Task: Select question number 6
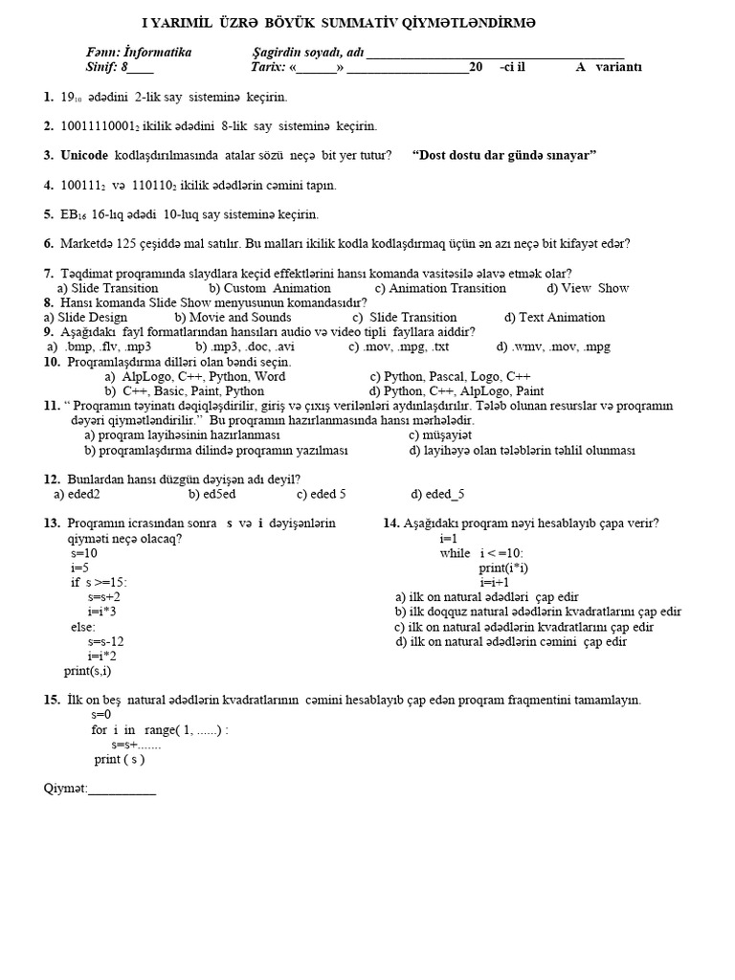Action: (48, 244)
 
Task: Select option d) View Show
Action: (588, 288)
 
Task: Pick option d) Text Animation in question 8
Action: (555, 318)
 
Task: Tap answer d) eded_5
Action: (438, 494)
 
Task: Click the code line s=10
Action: (83, 553)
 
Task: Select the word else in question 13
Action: (82, 627)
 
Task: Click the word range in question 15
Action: (162, 729)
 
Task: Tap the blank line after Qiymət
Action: (122, 790)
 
